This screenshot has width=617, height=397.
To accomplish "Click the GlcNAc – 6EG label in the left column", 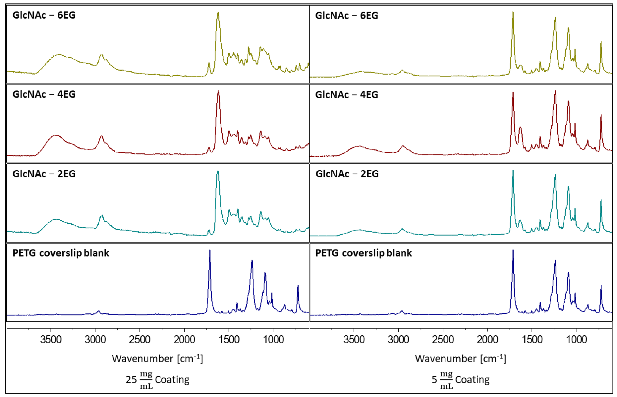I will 44,15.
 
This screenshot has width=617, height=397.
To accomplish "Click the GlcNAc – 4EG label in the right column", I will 347,95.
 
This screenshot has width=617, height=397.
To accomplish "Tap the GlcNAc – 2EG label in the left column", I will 44,174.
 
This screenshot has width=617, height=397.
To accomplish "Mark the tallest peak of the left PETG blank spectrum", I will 210,251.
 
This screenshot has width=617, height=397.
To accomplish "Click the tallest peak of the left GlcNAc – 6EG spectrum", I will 218,13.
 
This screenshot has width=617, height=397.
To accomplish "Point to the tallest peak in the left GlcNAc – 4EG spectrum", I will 218,92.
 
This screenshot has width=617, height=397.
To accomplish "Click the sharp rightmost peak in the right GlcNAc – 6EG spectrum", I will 601,42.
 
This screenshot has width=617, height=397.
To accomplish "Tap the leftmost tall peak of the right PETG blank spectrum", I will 513,251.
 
